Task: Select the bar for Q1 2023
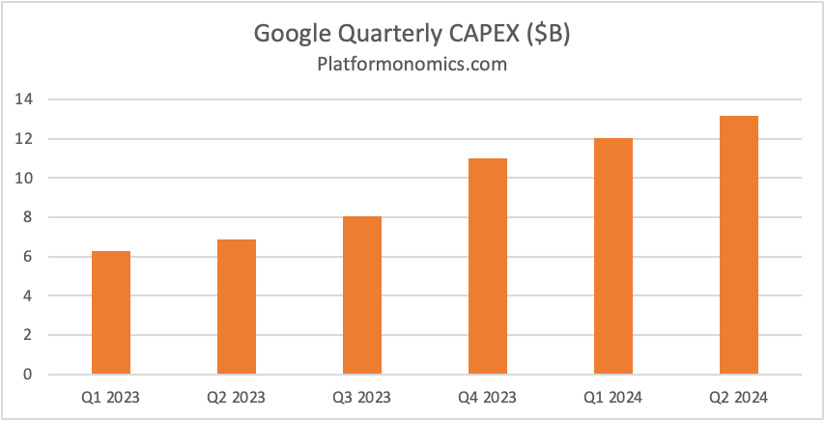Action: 110,313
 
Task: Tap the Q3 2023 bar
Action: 361,295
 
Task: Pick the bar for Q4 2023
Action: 487,267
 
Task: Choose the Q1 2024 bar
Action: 612,257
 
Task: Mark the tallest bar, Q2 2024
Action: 738,245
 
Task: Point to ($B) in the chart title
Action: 549,34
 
